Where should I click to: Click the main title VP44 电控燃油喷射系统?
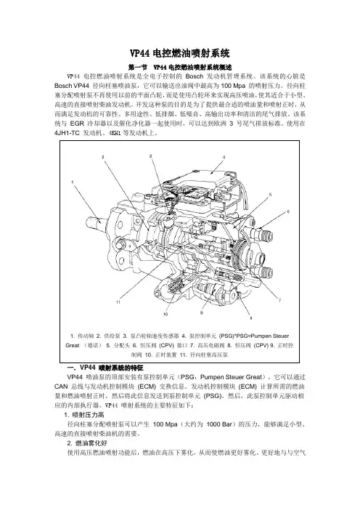pyautogui.click(x=180, y=53)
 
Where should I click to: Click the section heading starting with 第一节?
pyautogui.click(x=180, y=68)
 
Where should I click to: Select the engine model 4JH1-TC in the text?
pyautogui.click(x=67, y=133)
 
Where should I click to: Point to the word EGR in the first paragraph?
pyautogui.click(x=77, y=124)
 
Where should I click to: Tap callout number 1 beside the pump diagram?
pyautogui.click(x=73, y=182)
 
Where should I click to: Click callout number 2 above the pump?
pyautogui.click(x=103, y=157)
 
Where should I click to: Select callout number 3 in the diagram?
pyautogui.click(x=150, y=156)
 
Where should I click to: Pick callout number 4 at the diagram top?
pyautogui.click(x=224, y=157)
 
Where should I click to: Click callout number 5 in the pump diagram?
pyautogui.click(x=270, y=195)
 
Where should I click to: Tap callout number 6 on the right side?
pyautogui.click(x=288, y=211)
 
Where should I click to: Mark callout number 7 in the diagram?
pyautogui.click(x=279, y=300)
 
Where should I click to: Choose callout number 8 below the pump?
pyautogui.click(x=250, y=318)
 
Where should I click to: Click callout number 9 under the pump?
pyautogui.click(x=202, y=312)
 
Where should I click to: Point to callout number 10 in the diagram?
pyautogui.click(x=165, y=314)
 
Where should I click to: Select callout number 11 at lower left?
pyautogui.click(x=118, y=301)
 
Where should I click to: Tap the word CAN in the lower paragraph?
pyautogui.click(x=61, y=386)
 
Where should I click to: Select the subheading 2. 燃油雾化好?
pyautogui.click(x=87, y=443)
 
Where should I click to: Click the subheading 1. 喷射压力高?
pyautogui.click(x=83, y=415)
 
